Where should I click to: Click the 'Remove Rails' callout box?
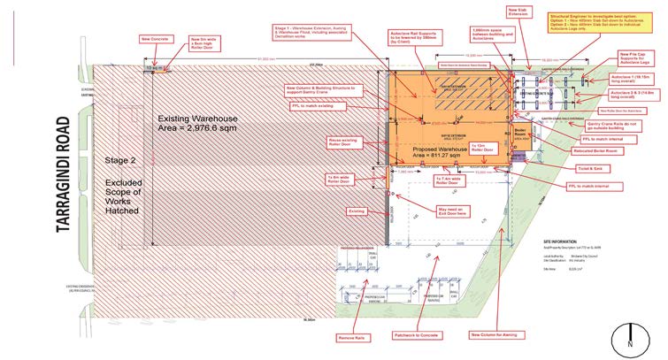(x=351, y=336)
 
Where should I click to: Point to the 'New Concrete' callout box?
(x=154, y=39)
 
